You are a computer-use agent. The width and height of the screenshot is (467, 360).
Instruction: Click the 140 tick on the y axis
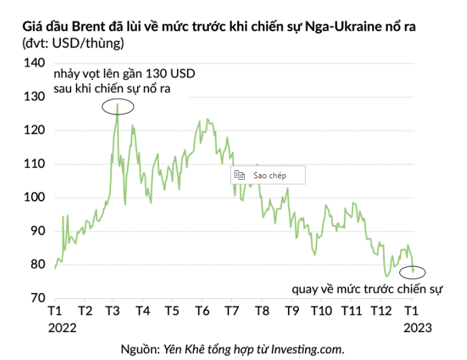[x=34, y=63]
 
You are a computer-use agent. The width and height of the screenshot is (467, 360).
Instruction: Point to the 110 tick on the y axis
[x=34, y=163]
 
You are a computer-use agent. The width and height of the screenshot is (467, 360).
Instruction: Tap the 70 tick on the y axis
[x=36, y=298]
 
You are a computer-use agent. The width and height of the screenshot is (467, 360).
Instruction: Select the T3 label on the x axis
[x=114, y=312]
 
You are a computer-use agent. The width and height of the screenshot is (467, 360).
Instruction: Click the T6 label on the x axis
[x=202, y=312]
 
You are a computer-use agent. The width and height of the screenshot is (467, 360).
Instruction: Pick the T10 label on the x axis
[x=321, y=312]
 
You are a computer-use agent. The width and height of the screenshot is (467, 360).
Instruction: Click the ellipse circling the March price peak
[x=118, y=106]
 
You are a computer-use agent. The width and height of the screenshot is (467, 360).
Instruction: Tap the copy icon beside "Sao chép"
[x=239, y=175]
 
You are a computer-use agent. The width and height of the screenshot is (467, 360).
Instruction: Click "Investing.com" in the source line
[x=308, y=349]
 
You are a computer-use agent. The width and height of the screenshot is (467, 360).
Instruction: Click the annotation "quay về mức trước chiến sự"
[x=367, y=290]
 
